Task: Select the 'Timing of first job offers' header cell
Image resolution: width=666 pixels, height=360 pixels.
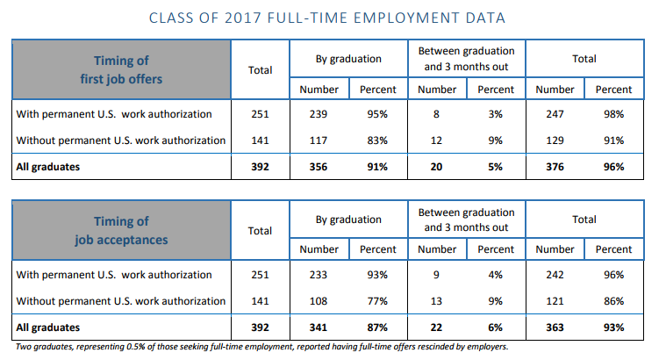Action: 121,69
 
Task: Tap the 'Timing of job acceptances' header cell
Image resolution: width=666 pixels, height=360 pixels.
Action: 121,229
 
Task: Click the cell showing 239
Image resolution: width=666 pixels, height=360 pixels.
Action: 319,113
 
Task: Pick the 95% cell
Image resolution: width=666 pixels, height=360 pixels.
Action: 378,113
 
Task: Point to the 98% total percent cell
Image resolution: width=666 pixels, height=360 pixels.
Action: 613,113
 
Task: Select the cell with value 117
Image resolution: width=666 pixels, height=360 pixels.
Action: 319,140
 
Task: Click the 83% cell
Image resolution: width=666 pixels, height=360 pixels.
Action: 378,140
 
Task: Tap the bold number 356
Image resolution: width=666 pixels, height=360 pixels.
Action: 319,167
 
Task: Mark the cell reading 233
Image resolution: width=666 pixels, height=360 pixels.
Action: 319,274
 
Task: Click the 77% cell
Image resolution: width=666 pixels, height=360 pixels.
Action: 378,300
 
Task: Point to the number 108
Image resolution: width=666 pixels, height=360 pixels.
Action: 319,300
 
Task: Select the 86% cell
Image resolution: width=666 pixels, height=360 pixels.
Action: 613,300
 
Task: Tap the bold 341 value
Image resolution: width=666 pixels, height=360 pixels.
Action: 319,328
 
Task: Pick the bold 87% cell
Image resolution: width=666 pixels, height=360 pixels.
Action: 378,328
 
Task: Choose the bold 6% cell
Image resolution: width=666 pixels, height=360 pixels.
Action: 496,328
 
